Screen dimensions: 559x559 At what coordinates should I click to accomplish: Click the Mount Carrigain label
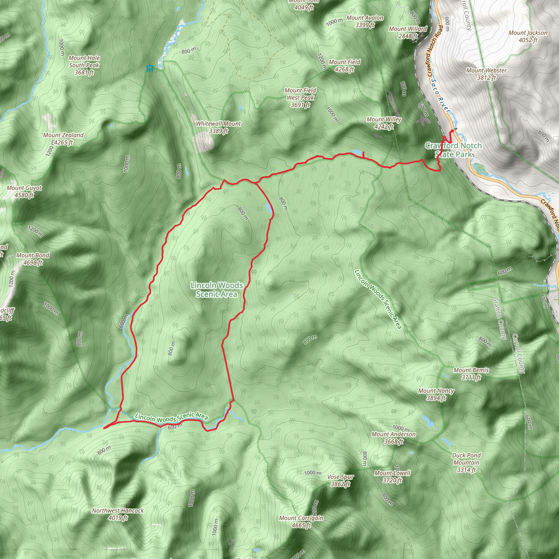click(x=301, y=521)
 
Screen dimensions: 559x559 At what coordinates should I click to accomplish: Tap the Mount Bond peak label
click(x=33, y=259)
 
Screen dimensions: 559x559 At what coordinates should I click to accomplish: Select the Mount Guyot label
click(x=24, y=191)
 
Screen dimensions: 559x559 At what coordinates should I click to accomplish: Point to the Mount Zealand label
click(x=63, y=139)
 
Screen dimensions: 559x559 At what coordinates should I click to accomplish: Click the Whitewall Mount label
click(x=218, y=127)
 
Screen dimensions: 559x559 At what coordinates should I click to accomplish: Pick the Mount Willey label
click(x=384, y=123)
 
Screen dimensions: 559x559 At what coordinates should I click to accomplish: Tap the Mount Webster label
click(x=486, y=74)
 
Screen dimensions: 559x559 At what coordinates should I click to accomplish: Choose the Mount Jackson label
click(x=528, y=36)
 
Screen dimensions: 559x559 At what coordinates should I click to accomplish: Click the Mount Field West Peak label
click(x=300, y=97)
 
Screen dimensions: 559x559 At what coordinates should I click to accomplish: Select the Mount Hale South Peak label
click(x=84, y=65)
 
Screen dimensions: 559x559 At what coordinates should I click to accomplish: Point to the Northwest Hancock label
click(x=118, y=514)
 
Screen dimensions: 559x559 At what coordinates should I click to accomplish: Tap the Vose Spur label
click(x=341, y=480)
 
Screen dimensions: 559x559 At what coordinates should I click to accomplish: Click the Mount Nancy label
click(x=436, y=394)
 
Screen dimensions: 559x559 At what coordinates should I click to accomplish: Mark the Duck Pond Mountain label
click(x=466, y=462)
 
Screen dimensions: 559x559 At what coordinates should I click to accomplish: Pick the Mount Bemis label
click(x=471, y=373)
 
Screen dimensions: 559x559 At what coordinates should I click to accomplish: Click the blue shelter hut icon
click(x=150, y=68)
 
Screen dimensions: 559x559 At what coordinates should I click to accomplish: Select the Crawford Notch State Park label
click(x=453, y=150)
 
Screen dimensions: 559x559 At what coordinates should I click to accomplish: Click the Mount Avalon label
click(x=365, y=21)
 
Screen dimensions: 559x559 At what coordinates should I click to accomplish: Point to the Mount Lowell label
click(x=392, y=477)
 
